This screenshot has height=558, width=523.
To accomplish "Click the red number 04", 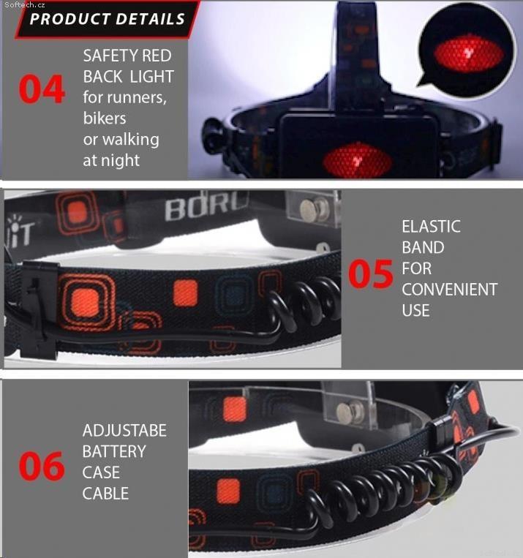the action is coord(42,89).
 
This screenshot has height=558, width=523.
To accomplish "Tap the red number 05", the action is coord(371,274).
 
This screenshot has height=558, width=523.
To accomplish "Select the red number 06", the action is coord(42,465).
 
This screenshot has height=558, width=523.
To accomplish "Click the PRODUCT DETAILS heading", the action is coord(108,19).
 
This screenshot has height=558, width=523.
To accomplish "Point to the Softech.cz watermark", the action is coord(25,4).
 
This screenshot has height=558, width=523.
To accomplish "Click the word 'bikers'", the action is coord(105,118).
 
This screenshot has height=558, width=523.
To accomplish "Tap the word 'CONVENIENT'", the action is coord(450,290).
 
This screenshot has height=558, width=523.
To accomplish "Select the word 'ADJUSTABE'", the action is coord(124,430).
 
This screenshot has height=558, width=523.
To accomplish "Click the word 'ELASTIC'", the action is coord(431,226).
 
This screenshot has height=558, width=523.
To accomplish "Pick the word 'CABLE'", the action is coord(105,493).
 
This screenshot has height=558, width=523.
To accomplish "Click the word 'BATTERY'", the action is coord(114,451).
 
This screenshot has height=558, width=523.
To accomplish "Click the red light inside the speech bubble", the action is coord(469,55).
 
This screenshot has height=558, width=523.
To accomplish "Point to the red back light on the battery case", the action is coord(358,161).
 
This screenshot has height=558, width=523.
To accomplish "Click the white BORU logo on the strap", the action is coord(206,208).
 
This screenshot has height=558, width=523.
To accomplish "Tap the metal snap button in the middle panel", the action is coord(315,209).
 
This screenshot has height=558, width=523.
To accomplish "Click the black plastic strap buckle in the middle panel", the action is coord(39,309).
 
